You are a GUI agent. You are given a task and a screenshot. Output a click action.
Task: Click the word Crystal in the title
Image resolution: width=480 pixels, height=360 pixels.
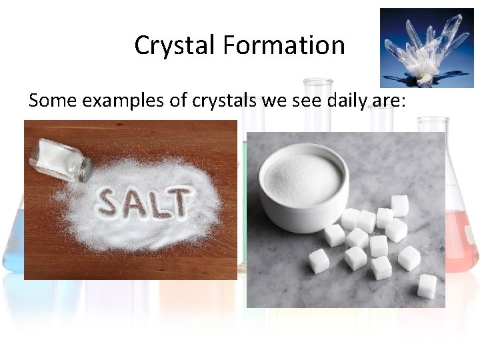pyautogui.click(x=175, y=45)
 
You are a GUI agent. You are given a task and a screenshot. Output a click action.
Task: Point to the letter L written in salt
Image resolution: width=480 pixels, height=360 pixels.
pyautogui.click(x=161, y=201)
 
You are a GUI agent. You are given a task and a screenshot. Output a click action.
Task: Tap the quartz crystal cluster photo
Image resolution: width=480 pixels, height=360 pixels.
pyautogui.click(x=426, y=47)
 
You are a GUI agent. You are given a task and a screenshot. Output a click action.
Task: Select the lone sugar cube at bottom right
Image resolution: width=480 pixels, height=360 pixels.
pyautogui.click(x=427, y=285)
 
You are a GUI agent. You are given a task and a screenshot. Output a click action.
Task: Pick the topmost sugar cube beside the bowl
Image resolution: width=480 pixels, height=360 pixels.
pyautogui.click(x=400, y=205)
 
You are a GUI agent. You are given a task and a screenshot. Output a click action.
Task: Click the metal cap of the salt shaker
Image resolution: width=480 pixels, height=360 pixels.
pyautogui.click(x=85, y=170)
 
